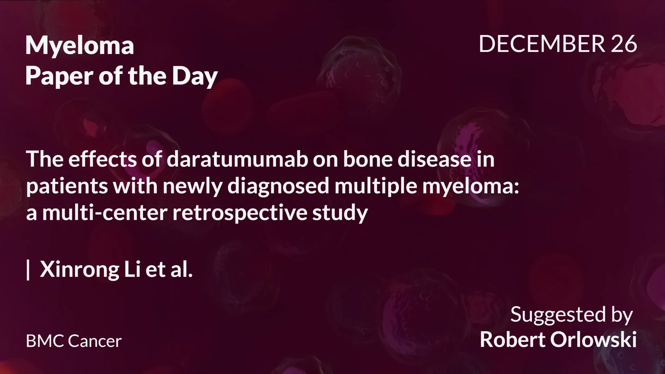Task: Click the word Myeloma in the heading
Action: pos(80,46)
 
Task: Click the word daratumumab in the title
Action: pos(237,159)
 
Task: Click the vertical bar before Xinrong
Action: pos(28,270)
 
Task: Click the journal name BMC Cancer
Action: pos(74,341)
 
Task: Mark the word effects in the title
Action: pos(102,159)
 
